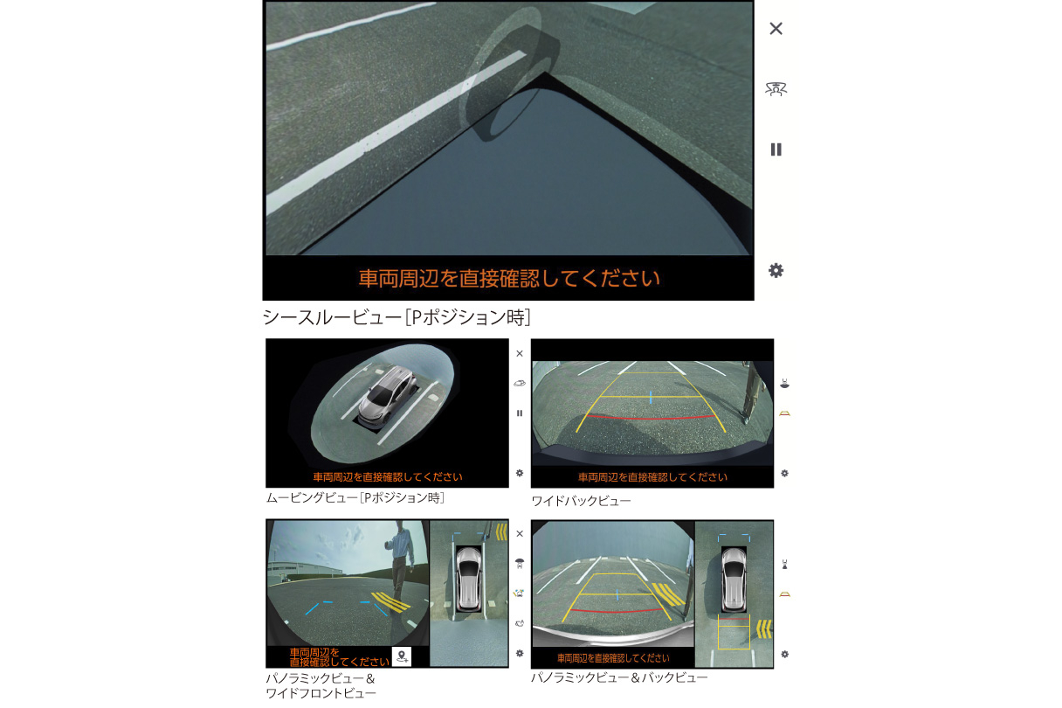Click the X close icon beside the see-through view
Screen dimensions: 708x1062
776,29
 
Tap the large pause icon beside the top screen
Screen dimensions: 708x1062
776,149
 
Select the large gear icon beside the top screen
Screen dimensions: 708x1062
776,271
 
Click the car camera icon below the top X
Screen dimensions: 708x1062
776,88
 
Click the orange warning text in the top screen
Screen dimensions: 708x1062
509,279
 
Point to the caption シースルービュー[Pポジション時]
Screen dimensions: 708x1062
397,317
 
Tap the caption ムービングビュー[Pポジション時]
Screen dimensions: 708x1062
355,498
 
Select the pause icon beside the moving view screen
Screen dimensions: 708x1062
520,413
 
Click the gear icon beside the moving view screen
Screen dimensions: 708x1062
520,473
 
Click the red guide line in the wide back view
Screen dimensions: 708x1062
651,417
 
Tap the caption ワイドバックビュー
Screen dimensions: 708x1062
581,502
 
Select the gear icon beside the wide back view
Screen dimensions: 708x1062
784,473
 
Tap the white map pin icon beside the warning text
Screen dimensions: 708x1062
402,656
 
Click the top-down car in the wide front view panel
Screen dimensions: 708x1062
469,579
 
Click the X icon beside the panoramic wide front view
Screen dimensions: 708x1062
520,534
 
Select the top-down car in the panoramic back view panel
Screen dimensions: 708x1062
734,578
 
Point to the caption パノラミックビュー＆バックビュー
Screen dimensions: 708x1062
619,678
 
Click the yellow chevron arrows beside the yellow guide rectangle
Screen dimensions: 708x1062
762,628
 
